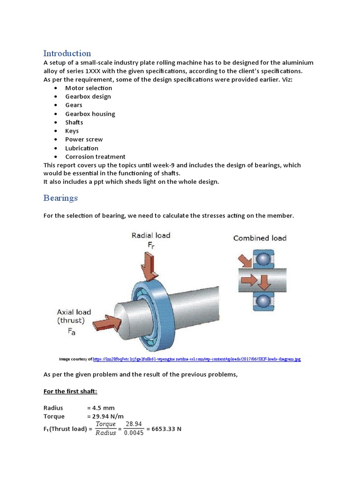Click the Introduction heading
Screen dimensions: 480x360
coord(67,53)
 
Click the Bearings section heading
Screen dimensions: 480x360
coord(60,198)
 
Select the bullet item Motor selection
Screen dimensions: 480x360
coord(88,88)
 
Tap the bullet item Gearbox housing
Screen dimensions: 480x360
coord(90,114)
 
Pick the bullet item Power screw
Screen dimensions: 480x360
coord(84,140)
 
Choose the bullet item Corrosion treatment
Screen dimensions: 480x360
coord(95,157)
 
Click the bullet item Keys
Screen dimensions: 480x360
coord(72,131)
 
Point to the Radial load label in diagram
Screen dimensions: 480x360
coord(150,235)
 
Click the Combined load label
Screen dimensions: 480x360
coord(260,238)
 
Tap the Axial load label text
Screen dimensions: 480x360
coord(74,312)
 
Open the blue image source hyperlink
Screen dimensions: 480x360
coord(197,359)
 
